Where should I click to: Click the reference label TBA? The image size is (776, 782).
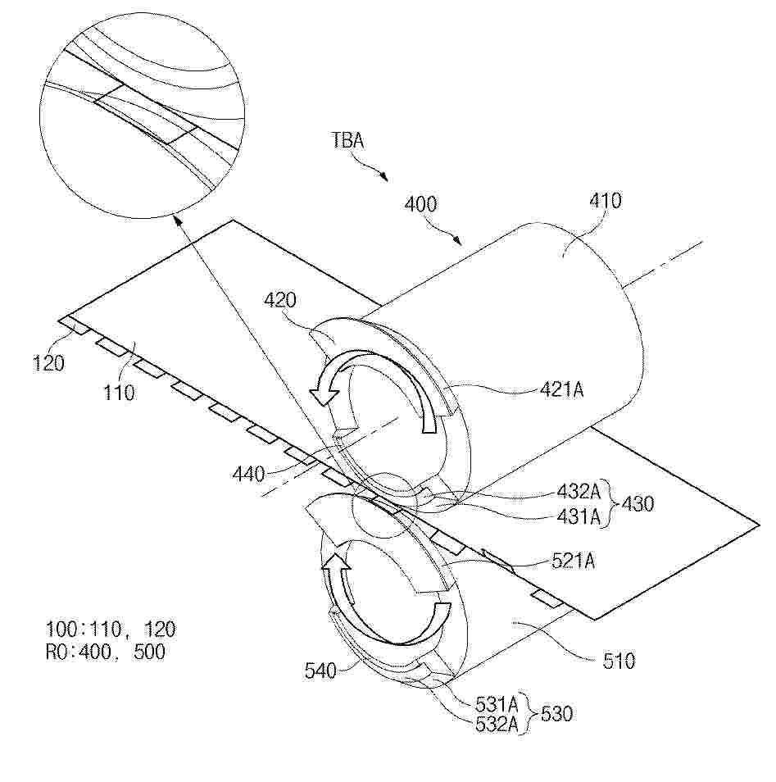pyautogui.click(x=348, y=141)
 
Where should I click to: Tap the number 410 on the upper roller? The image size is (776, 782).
pyautogui.click(x=606, y=201)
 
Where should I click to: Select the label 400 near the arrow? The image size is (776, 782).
pyautogui.click(x=421, y=204)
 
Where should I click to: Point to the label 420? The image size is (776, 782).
pyautogui.click(x=279, y=300)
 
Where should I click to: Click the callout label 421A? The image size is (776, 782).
pyautogui.click(x=561, y=389)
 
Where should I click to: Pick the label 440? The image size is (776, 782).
pyautogui.click(x=248, y=474)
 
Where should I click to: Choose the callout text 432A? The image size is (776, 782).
pyautogui.click(x=579, y=491)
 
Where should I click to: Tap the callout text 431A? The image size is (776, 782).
pyautogui.click(x=579, y=517)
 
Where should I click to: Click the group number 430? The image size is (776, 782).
pyautogui.click(x=638, y=504)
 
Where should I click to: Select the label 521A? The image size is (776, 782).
pyautogui.click(x=573, y=561)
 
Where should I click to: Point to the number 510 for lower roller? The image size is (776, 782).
pyautogui.click(x=619, y=662)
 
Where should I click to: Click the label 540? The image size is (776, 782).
pyautogui.click(x=320, y=671)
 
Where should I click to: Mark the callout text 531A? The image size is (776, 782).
pyautogui.click(x=497, y=705)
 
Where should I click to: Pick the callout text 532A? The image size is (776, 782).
pyautogui.click(x=497, y=724)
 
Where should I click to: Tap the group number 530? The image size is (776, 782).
pyautogui.click(x=556, y=714)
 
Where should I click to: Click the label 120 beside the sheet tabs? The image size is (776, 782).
pyautogui.click(x=48, y=363)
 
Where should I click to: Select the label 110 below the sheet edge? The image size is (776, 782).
pyautogui.click(x=119, y=393)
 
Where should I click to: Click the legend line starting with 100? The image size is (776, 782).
pyautogui.click(x=111, y=630)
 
